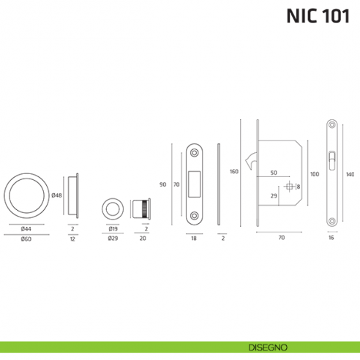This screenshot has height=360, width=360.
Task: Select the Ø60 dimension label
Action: click(26, 239)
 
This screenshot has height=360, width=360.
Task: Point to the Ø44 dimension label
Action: click(26, 228)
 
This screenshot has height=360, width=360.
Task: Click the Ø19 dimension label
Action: click(113, 228)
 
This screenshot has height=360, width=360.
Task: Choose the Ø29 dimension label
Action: click(113, 239)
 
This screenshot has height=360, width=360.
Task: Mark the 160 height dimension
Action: click(234, 172)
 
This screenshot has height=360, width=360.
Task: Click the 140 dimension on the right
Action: click(350, 174)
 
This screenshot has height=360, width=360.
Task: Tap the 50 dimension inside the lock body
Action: click(273, 173)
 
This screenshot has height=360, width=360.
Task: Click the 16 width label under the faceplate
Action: click(331, 239)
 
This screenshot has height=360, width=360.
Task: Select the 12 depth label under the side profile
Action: click(73, 239)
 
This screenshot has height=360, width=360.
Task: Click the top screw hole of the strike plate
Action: click(195, 151)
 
